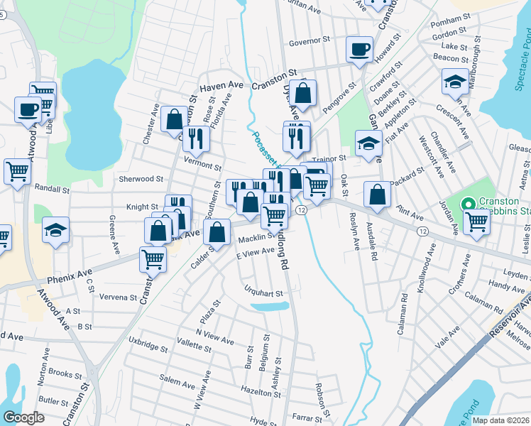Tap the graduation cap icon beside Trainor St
click(x=368, y=144)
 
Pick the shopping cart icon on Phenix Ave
click(x=153, y=260)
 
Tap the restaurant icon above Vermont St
click(x=196, y=138)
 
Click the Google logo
click(x=24, y=417)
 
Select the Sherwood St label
click(x=141, y=180)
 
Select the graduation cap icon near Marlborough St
click(x=454, y=82)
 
